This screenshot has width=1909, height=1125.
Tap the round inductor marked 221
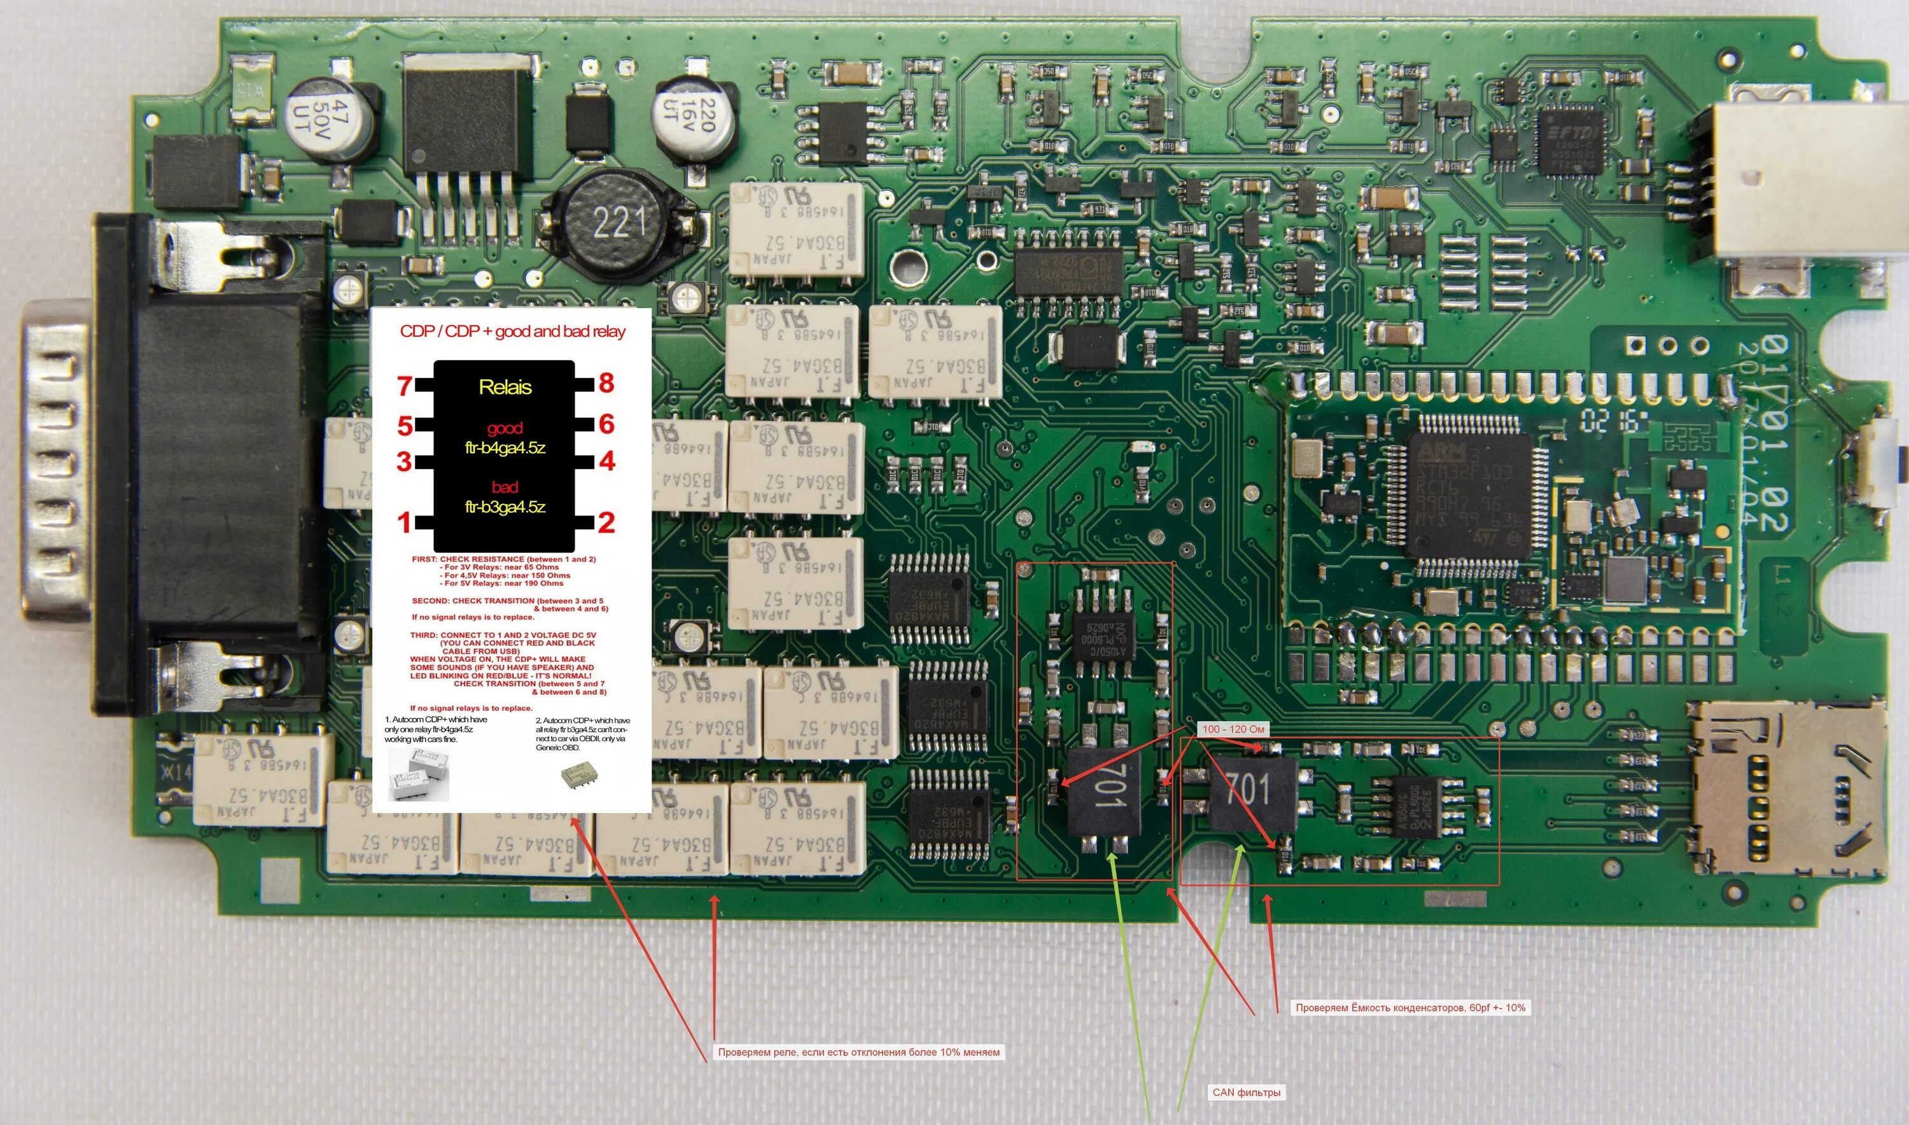pos(619,223)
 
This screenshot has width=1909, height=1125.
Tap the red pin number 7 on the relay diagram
pos(405,387)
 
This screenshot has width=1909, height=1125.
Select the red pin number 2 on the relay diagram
pos(606,522)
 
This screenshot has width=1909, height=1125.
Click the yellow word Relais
pos(505,388)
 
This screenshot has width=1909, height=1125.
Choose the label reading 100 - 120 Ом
pos(1233,729)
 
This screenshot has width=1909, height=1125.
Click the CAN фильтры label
pos(1247,1093)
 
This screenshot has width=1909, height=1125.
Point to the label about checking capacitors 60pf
pos(1410,1007)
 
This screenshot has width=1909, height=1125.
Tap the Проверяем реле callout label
pos(858,1052)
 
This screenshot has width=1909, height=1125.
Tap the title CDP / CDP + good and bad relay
pos(512,332)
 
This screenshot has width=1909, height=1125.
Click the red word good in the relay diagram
pos(505,428)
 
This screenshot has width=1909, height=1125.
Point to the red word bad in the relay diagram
pos(505,487)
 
